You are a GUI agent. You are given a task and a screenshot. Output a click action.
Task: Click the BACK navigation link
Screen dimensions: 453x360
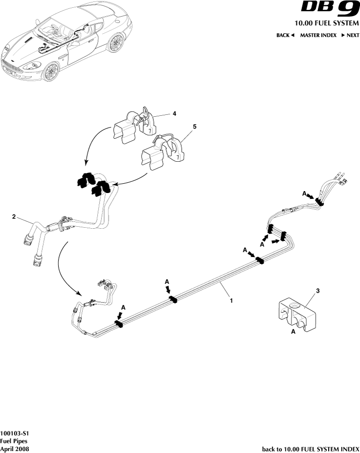[x=285, y=36]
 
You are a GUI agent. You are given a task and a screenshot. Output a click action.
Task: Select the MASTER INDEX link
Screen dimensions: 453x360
[x=318, y=36]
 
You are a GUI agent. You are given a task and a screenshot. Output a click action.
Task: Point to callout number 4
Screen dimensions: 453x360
[x=174, y=113]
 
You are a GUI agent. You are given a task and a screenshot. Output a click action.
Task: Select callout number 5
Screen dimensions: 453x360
[x=194, y=127]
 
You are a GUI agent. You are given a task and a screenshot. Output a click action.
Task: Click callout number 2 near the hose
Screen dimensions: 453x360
[x=14, y=216]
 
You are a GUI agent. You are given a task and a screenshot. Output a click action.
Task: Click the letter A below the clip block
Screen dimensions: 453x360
[x=293, y=331]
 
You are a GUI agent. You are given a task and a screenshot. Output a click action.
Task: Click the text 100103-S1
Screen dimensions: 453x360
[x=11, y=433]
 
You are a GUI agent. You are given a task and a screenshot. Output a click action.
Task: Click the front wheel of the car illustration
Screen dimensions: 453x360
[x=51, y=71]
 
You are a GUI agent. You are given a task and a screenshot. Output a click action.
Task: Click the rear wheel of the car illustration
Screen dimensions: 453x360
[x=115, y=43]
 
